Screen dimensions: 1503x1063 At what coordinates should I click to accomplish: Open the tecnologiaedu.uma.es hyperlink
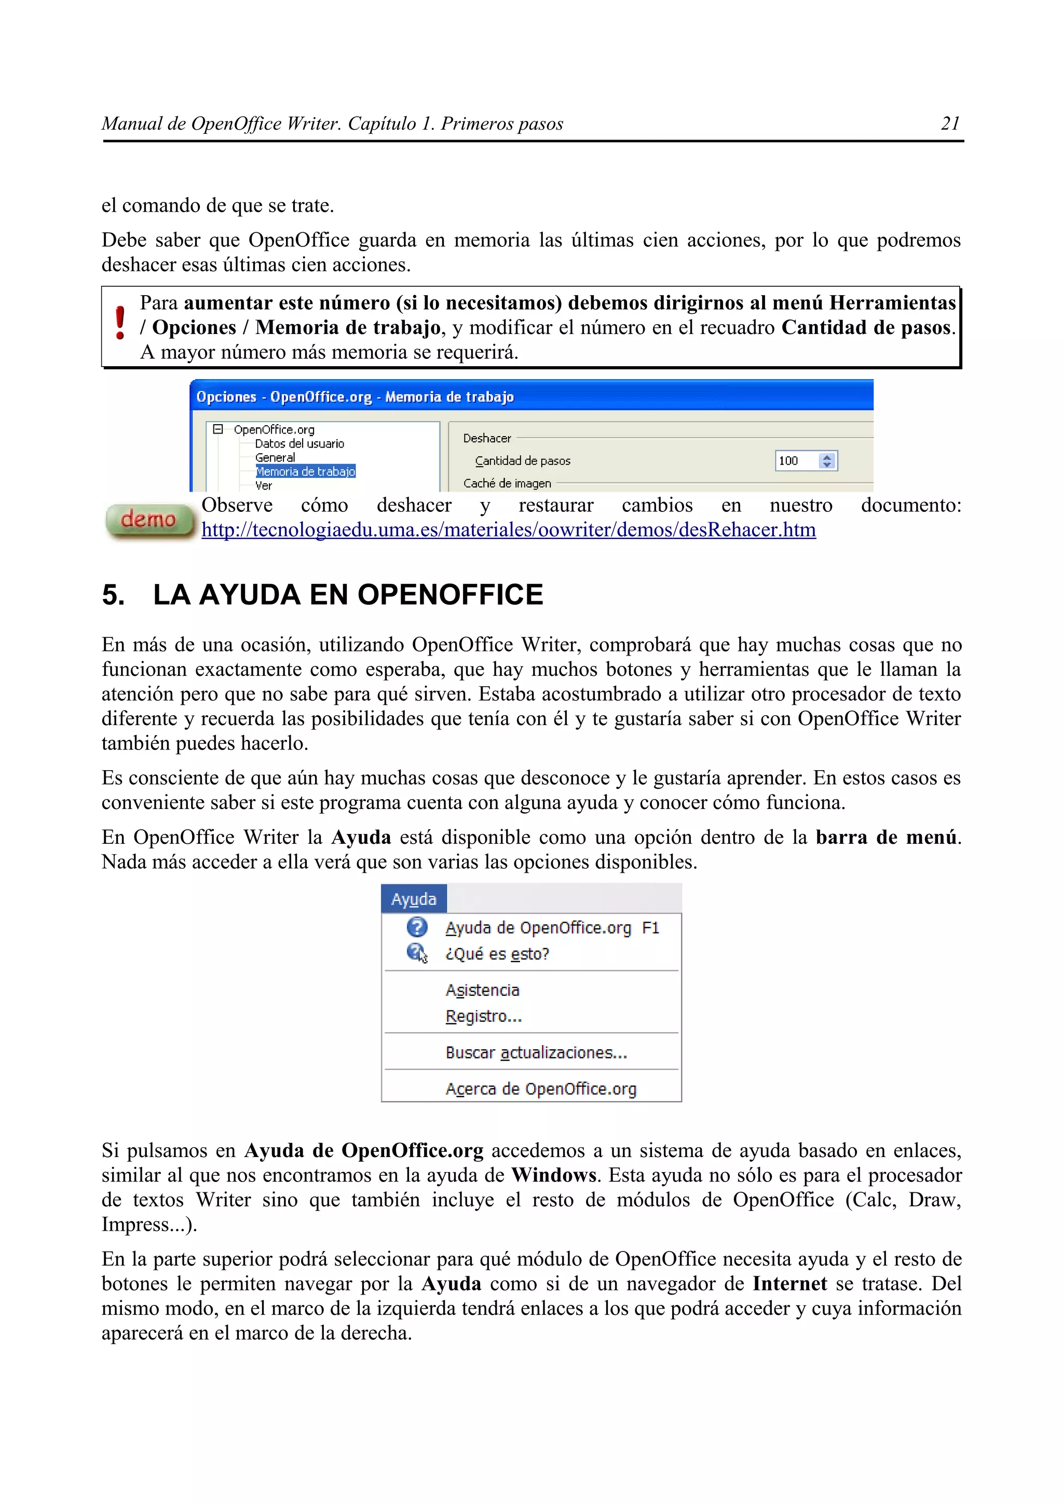tap(508, 530)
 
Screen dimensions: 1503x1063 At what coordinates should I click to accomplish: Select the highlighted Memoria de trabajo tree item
tap(305, 471)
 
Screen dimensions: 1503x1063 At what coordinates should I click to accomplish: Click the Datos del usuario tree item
tap(299, 444)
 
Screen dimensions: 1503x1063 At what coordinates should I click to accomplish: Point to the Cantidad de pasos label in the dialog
tap(523, 461)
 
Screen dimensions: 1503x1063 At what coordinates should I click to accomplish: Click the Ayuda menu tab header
tap(413, 899)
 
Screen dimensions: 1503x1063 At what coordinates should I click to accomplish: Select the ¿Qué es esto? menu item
tap(497, 954)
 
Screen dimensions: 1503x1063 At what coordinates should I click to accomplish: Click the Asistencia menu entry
tap(482, 991)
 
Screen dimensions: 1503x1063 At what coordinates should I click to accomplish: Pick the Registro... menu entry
tap(483, 1017)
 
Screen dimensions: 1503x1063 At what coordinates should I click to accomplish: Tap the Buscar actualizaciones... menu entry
tap(536, 1053)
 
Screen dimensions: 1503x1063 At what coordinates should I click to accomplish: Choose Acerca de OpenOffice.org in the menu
tap(540, 1089)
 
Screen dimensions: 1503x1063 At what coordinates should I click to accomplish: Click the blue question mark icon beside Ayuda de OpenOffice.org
tap(417, 928)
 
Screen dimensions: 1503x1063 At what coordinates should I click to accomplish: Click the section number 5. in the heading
tap(113, 595)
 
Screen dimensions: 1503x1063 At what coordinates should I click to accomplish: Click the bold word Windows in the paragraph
tap(553, 1175)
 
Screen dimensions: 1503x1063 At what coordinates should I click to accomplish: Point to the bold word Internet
tap(789, 1284)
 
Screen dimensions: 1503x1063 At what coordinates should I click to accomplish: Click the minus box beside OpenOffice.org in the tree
tap(218, 429)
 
